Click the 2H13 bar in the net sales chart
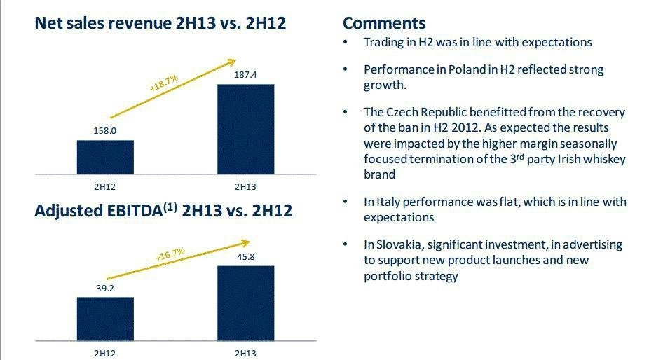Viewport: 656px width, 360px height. [x=245, y=129]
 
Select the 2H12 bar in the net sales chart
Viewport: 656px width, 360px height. [x=105, y=157]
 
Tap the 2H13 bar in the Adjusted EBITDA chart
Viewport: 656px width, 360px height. [x=245, y=303]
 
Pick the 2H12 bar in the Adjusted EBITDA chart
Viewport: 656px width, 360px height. [x=105, y=319]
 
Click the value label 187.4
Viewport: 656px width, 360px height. [x=245, y=75]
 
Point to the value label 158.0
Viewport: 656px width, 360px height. [x=105, y=131]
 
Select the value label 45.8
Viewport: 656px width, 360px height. [x=246, y=257]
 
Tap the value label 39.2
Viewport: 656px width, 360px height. [x=105, y=288]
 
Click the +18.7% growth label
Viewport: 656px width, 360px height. [x=164, y=83]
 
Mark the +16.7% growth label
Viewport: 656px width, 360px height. [x=170, y=254]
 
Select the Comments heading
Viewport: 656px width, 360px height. [x=384, y=23]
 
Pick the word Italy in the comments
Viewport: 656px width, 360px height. [x=388, y=202]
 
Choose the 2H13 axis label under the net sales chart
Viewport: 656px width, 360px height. [x=245, y=186]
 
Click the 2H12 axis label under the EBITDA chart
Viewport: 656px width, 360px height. [x=105, y=354]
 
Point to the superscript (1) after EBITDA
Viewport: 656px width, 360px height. [x=170, y=207]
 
